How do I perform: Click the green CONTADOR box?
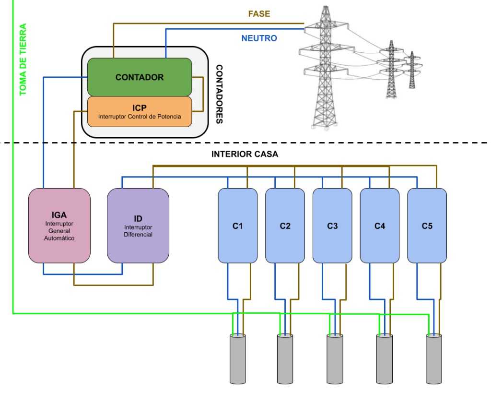pos(139,77)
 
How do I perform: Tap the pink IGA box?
pos(59,226)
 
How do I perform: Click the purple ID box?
pos(138,226)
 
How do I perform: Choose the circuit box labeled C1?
pos(237,226)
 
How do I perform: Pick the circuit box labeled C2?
pos(285,226)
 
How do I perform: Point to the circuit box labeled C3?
pos(332,226)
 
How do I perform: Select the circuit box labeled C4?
pos(379,226)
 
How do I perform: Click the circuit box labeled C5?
pos(427,226)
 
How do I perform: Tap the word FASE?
pos(259,14)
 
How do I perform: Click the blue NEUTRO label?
pos(259,38)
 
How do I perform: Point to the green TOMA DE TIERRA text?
pos(23,60)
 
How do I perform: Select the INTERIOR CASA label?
pos(245,155)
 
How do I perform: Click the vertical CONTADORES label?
pos(219,94)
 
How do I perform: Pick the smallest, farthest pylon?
pos(411,70)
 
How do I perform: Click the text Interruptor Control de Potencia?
pos(140,117)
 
